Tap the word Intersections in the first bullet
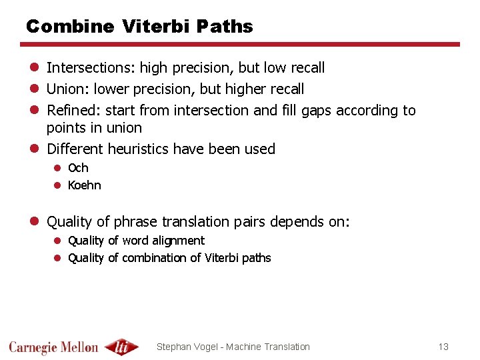click(91, 67)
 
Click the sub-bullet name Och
click(78, 168)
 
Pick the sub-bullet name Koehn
click(85, 185)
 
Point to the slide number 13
click(443, 347)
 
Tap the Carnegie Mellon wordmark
click(53, 347)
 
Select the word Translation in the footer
click(287, 347)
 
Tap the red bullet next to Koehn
click(58, 185)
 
